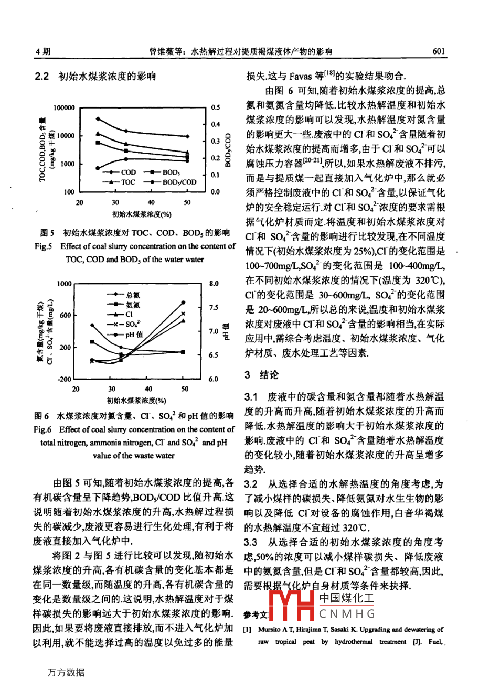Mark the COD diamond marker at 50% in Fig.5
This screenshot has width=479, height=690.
click(187, 136)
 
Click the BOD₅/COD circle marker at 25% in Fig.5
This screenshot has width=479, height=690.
click(98, 168)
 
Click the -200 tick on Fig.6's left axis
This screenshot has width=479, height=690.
click(65, 379)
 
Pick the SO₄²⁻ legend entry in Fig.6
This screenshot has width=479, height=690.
click(129, 324)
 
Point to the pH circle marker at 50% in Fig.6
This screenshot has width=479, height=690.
click(183, 303)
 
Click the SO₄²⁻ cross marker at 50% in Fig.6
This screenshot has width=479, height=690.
click(183, 314)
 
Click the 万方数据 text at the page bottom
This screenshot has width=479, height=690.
click(66, 673)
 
